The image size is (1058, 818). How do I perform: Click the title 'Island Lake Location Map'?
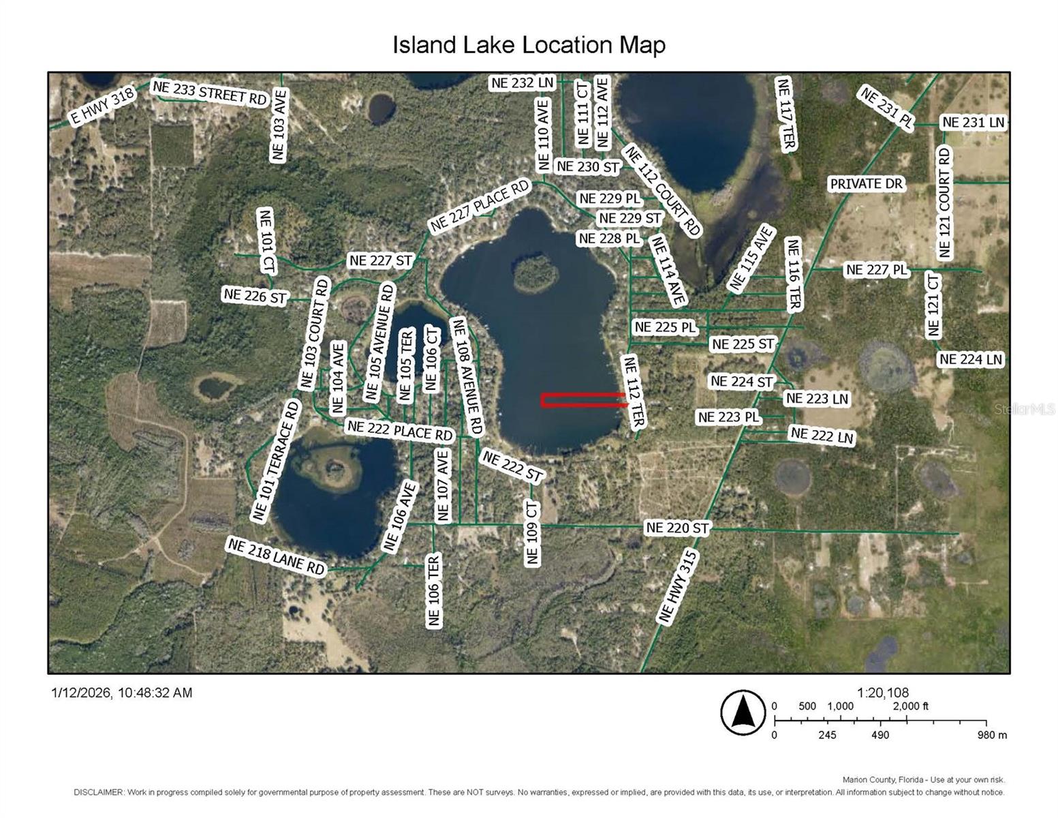[529, 45]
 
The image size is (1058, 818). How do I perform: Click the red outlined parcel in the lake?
[585, 400]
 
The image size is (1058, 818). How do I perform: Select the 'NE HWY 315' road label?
[679, 587]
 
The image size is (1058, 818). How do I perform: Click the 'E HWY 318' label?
[102, 107]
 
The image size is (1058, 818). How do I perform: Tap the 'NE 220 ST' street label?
[677, 528]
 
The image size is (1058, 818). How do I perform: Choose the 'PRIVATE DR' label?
[866, 183]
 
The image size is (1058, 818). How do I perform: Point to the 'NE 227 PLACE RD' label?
[480, 205]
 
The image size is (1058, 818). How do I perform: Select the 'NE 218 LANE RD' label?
[276, 556]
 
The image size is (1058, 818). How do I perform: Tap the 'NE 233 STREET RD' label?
[209, 93]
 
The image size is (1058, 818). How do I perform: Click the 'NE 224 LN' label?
[971, 359]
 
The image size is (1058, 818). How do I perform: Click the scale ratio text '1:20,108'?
[883, 693]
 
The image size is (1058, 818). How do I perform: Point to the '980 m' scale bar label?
[992, 735]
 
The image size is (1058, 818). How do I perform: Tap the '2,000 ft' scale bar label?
[911, 706]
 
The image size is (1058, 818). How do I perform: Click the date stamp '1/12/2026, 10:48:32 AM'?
[122, 693]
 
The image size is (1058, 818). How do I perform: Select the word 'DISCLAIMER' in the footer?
[98, 792]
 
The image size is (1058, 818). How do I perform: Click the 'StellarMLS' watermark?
[1025, 409]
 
